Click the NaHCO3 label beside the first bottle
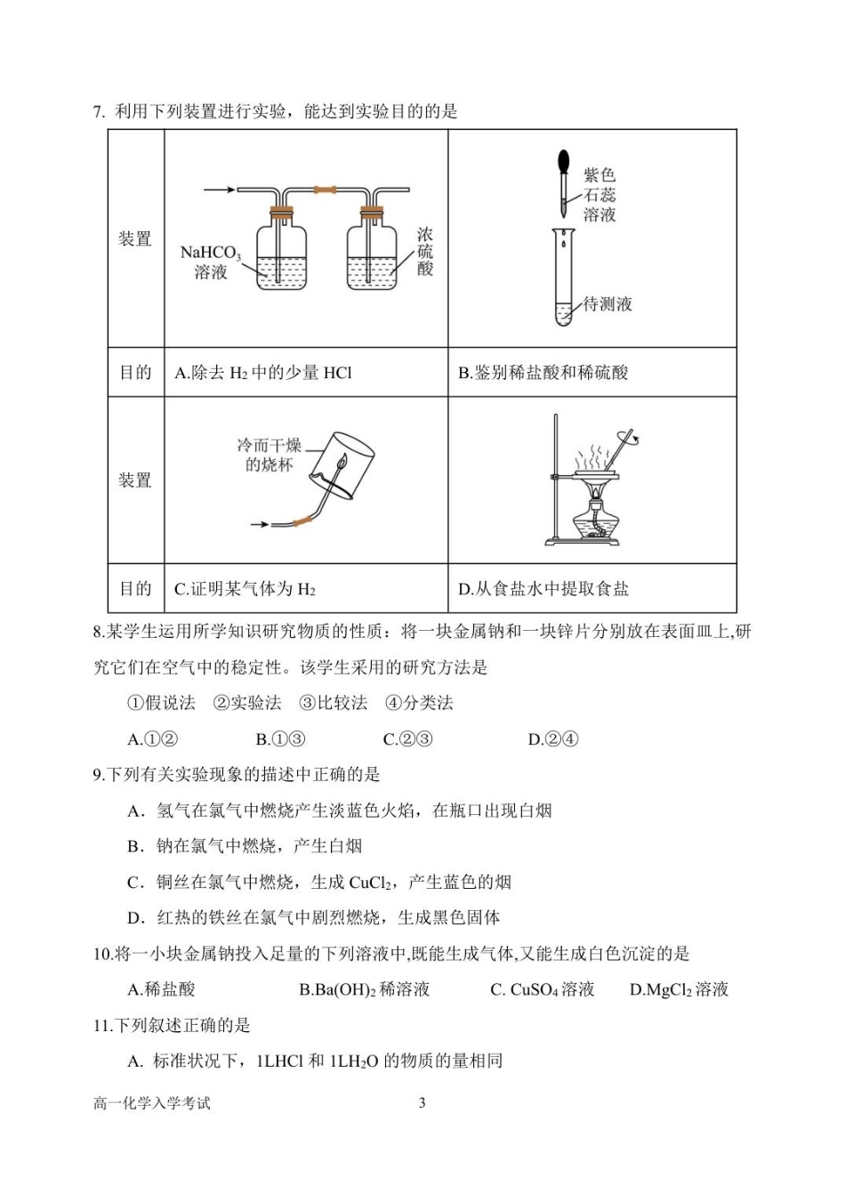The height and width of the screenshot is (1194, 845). [210, 262]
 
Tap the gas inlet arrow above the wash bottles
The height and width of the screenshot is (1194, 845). [219, 190]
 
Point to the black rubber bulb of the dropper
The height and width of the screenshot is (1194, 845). [563, 162]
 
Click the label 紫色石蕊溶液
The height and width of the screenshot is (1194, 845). [600, 195]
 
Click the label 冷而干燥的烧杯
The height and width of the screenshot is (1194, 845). [269, 455]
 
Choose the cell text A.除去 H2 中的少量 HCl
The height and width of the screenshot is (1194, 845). [263, 373]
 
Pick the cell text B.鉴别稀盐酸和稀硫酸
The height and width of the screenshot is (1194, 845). [543, 373]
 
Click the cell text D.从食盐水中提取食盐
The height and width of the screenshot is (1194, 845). [543, 589]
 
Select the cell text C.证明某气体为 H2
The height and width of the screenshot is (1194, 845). [245, 589]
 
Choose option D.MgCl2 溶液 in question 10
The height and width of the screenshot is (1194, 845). [679, 989]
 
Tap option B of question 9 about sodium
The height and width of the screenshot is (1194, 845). [245, 846]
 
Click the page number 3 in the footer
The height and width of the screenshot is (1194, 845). [422, 1103]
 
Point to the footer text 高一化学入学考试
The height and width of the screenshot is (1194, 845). [152, 1103]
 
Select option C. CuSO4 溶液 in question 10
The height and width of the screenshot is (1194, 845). [543, 989]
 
